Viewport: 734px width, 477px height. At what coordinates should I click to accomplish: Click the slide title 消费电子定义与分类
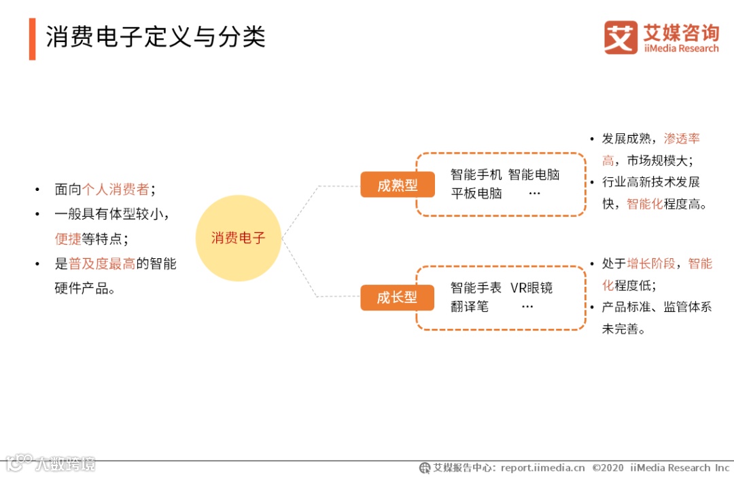tap(155, 37)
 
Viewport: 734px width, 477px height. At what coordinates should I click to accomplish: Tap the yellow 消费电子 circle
tap(238, 238)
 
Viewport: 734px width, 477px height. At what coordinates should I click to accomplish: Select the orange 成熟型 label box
tap(397, 185)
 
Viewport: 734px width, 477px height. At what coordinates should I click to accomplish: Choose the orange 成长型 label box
tap(397, 298)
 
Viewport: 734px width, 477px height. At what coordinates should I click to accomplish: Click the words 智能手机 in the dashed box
tap(476, 175)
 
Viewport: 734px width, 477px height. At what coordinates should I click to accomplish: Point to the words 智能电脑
tap(534, 175)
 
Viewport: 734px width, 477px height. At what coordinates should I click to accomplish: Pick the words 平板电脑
tap(476, 193)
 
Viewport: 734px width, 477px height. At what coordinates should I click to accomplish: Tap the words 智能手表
tap(476, 287)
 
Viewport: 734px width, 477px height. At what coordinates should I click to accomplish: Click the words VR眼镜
tap(531, 287)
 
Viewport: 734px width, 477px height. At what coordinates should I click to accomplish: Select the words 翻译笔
tap(469, 306)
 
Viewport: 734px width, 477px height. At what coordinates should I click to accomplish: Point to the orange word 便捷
tap(68, 238)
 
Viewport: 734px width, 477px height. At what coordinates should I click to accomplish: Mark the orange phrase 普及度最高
tap(102, 264)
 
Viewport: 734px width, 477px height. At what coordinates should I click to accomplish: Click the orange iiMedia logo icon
tap(620, 37)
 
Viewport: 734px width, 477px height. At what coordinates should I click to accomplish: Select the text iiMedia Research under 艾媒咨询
tap(681, 48)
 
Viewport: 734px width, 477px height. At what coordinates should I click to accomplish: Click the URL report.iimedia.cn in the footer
tap(542, 467)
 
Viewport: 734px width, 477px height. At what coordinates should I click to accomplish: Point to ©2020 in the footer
tap(608, 467)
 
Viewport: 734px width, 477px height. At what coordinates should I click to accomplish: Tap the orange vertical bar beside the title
tap(32, 39)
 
